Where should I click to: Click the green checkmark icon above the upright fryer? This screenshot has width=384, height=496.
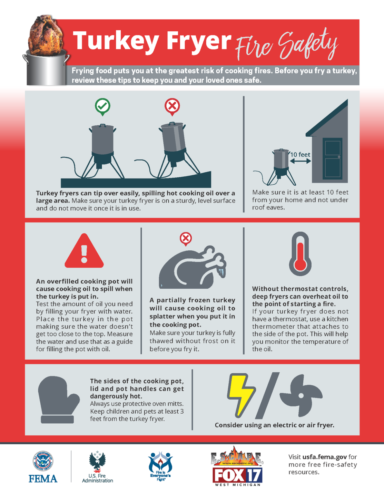coord(102,106)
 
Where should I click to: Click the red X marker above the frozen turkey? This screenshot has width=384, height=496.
coord(186,238)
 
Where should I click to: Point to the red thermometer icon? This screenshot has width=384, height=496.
coord(300,254)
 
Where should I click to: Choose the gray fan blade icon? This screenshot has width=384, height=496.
coord(301,395)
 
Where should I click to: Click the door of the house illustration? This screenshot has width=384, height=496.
coord(332,158)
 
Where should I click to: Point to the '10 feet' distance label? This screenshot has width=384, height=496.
coord(300,155)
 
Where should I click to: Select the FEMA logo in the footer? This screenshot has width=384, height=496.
coord(43,467)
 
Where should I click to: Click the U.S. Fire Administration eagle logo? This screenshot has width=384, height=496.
coord(97,467)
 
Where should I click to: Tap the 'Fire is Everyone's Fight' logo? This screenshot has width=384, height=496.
coord(160,467)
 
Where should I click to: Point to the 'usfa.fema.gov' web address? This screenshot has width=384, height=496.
coord(324,457)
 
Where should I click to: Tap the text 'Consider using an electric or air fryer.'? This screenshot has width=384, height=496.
coord(274,425)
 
